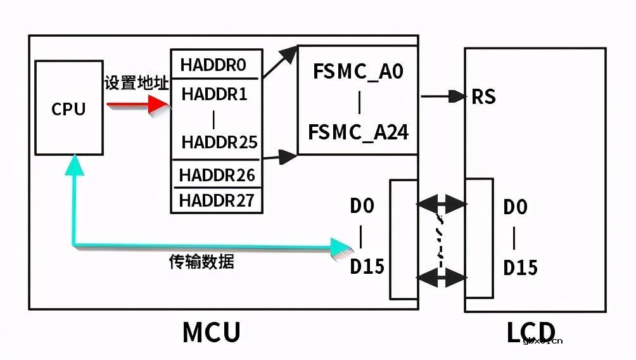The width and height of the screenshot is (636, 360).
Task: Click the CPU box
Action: point(68,108)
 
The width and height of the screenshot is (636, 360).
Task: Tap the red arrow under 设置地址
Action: point(136,105)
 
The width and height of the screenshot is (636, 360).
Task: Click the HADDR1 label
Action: point(214,94)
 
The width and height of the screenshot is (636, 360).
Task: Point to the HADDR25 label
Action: point(219,142)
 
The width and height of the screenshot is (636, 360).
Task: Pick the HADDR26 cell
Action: point(217,174)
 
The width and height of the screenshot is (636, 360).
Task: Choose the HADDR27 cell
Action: point(217,200)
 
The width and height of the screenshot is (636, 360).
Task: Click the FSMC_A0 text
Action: point(358,72)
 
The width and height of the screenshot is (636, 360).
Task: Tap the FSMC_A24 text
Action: point(358,132)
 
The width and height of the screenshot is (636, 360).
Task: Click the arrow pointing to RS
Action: point(443,96)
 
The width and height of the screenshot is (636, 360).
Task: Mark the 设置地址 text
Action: point(137,83)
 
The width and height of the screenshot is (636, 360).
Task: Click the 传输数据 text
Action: point(201,261)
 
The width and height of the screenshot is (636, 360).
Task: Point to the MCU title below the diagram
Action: point(212,332)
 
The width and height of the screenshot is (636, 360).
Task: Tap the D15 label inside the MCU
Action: point(367,266)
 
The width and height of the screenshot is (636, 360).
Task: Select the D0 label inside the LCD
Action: point(515,207)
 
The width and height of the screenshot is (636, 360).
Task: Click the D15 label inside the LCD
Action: point(520,267)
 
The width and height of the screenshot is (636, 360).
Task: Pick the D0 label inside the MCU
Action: point(362,206)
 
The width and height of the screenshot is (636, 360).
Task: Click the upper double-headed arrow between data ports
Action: point(442,204)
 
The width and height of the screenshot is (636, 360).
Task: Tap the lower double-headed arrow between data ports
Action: point(442,276)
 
